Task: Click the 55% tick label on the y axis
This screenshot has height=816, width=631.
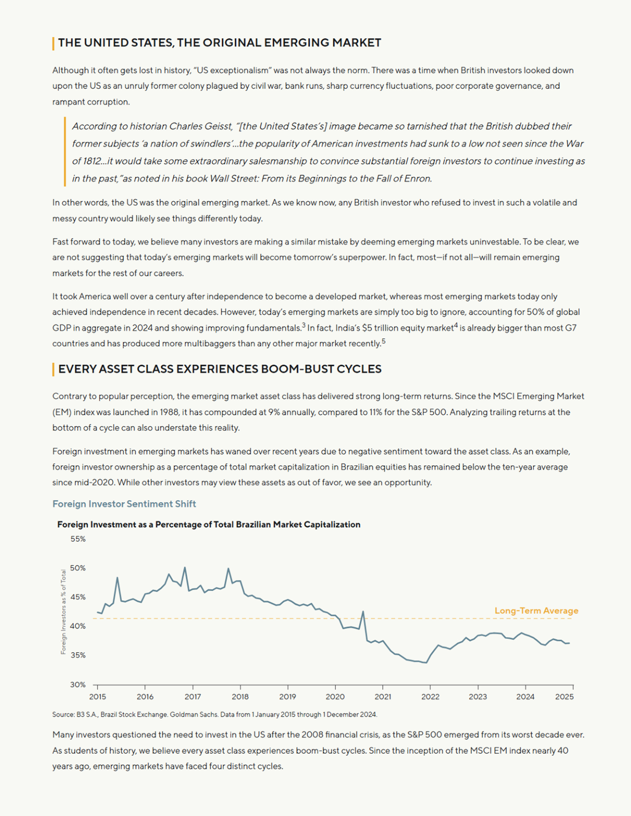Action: point(78,539)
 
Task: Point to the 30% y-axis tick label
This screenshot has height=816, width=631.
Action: point(78,685)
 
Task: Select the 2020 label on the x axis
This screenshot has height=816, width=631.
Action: point(335,697)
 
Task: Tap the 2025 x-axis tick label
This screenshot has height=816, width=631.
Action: point(564,697)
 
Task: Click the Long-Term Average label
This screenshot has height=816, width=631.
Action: point(536,610)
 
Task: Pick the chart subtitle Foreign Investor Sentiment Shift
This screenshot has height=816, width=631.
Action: point(124,504)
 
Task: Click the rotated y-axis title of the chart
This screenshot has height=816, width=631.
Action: point(63,612)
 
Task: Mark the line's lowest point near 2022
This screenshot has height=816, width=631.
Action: point(426,663)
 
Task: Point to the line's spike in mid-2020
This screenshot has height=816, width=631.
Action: point(363,611)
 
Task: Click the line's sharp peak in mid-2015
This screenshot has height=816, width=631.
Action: point(117,577)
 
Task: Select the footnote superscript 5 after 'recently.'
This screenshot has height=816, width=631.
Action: point(384,341)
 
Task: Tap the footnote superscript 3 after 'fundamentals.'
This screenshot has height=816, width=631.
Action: point(304,325)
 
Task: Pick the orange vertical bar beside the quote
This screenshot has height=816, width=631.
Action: point(65,151)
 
